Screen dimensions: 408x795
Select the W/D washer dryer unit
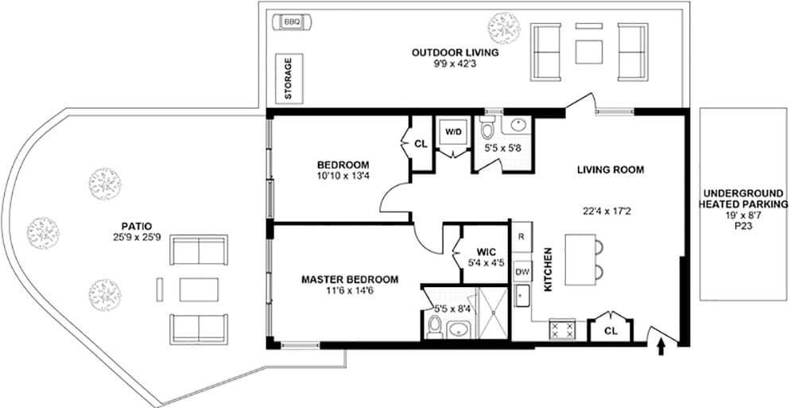(453, 132)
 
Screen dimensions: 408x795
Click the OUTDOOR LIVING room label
(455, 53)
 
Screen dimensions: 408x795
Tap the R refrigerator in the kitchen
(521, 237)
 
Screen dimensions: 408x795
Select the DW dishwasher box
(522, 271)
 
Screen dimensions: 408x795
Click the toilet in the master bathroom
(435, 326)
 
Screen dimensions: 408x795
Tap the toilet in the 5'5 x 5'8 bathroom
(487, 128)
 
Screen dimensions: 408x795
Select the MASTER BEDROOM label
(350, 280)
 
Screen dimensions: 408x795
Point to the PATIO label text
(132, 225)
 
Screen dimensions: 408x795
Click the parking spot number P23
(743, 225)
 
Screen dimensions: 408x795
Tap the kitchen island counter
(580, 258)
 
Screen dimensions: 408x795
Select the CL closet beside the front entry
(611, 329)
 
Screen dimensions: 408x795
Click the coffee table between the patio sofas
(199, 288)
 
